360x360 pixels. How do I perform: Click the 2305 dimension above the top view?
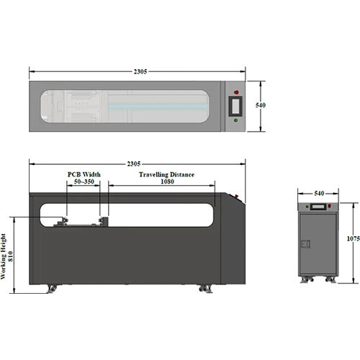click(x=140, y=71)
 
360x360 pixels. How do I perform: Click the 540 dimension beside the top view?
click(x=261, y=105)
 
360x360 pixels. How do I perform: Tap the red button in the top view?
click(x=236, y=92)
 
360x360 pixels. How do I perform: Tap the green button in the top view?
click(x=236, y=120)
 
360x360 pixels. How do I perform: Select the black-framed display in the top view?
click(x=235, y=107)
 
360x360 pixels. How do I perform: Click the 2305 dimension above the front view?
click(x=134, y=163)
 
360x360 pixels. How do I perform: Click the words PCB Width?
click(x=84, y=174)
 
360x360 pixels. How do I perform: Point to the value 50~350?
click(x=84, y=181)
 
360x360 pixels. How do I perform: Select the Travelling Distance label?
click(x=166, y=174)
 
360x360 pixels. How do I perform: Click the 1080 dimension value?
click(x=167, y=181)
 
